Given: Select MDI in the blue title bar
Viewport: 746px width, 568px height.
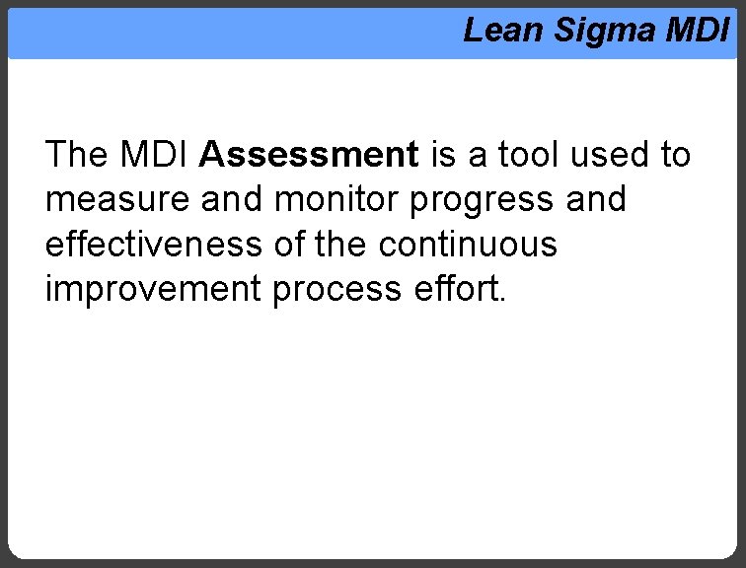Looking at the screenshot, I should tap(697, 31).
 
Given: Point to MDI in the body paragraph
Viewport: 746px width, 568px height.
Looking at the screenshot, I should tap(156, 155).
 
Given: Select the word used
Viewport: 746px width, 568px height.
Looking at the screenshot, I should tap(605, 155).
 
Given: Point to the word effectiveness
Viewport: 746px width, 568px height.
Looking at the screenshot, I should tap(154, 245).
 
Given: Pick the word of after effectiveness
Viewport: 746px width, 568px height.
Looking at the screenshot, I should tap(289, 245).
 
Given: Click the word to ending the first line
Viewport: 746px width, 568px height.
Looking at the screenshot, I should tap(674, 155).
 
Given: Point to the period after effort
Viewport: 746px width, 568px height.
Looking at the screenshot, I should tap(501, 301).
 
